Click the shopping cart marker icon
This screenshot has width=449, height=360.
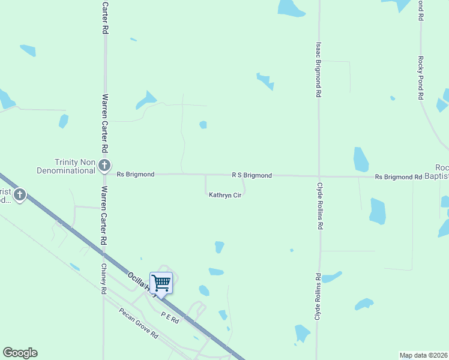[161, 282]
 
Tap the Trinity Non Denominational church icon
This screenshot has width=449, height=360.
[104, 164]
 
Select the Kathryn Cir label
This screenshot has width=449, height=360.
[225, 195]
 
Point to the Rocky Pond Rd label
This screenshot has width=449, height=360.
[421, 78]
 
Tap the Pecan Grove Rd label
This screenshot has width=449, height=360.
[138, 323]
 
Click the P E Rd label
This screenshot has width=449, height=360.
[170, 317]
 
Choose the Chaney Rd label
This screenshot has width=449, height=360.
[104, 278]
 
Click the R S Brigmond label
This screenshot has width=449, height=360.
[252, 175]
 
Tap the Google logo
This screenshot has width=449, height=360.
[20, 353]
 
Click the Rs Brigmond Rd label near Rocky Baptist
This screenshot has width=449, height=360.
[398, 177]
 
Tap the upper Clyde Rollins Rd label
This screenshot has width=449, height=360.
[320, 206]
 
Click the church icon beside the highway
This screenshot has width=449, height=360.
[20, 194]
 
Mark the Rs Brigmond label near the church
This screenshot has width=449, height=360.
[135, 174]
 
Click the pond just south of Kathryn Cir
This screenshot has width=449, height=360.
[219, 247]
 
